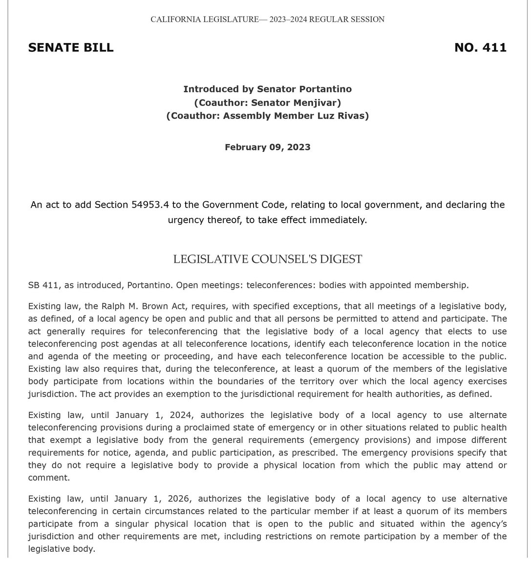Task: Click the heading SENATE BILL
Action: pos(71,47)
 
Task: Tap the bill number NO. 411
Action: pos(480,47)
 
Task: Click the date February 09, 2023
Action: pos(267,147)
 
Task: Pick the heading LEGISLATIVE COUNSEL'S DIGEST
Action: pos(268,259)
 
